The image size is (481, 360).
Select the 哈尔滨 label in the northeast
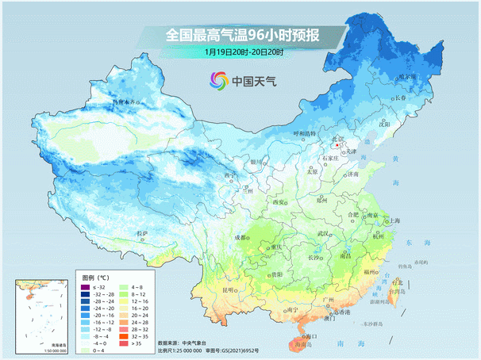(407, 77)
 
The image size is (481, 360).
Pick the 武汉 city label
(322, 234)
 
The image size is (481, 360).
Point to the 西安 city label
(279, 202)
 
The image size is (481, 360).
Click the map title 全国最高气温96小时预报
(243, 35)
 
